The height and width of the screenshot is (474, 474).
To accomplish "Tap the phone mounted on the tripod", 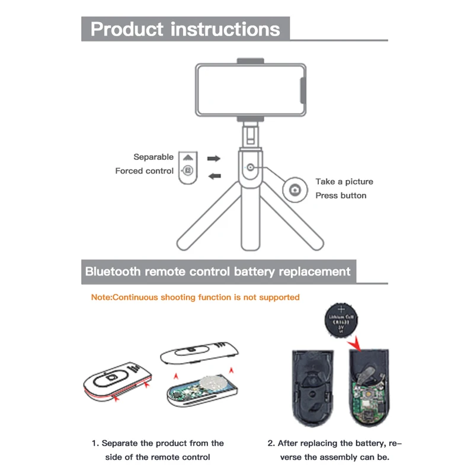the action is pyautogui.click(x=252, y=89).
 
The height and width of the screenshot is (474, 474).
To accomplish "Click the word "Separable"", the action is pyautogui.click(x=153, y=157).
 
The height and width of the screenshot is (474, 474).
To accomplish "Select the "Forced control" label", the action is pyautogui.click(x=145, y=171).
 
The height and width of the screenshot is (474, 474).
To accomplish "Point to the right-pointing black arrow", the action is pyautogui.click(x=214, y=159).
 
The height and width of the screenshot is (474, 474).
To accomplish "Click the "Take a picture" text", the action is pyautogui.click(x=344, y=182).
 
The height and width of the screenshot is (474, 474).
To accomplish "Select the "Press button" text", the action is pyautogui.click(x=341, y=196).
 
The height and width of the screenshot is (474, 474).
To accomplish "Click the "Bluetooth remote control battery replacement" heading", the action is pyautogui.click(x=218, y=272).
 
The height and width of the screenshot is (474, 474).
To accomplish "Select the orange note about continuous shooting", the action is pyautogui.click(x=196, y=297).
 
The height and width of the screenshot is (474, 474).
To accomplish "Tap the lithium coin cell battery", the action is pyautogui.click(x=342, y=321).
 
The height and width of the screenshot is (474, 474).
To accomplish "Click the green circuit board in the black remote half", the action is pyautogui.click(x=364, y=397).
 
